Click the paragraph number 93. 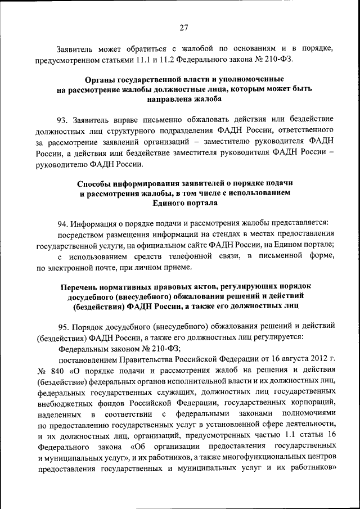click(x=62, y=119)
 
